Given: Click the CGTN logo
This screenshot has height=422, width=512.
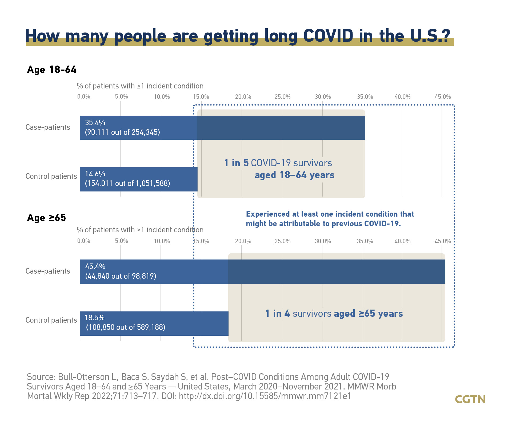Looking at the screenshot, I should [470, 399].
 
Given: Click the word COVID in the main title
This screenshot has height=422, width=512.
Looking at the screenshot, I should [328, 36].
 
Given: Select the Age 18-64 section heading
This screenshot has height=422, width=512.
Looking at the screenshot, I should [52, 70].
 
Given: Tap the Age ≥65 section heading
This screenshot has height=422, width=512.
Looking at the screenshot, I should [46, 218].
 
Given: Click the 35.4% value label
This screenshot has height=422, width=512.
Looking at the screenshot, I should [95, 123].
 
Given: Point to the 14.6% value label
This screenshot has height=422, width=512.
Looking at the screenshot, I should [95, 174].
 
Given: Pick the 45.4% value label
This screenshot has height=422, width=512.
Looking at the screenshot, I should [95, 266].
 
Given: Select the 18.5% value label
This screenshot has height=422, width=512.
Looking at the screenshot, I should [95, 318].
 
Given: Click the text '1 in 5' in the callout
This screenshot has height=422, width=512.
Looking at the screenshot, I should [236, 163].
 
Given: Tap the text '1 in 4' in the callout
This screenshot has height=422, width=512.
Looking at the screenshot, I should [278, 313].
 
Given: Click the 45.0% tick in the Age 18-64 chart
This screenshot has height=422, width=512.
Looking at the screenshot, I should [443, 97].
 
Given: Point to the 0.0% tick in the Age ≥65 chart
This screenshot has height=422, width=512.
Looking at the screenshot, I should [84, 241].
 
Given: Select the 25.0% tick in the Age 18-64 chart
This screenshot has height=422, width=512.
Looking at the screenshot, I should [282, 97].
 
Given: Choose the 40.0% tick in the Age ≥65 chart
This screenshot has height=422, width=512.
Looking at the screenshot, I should [402, 241].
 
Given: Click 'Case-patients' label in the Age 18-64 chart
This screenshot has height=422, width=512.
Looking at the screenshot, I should [48, 127].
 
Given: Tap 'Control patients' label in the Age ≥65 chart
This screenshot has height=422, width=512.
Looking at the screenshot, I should [51, 320].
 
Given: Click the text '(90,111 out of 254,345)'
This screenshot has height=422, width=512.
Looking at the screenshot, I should [122, 132].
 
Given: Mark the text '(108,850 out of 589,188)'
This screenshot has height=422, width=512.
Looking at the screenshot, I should [126, 327].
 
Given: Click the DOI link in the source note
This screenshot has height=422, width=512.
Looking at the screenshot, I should [265, 396].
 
